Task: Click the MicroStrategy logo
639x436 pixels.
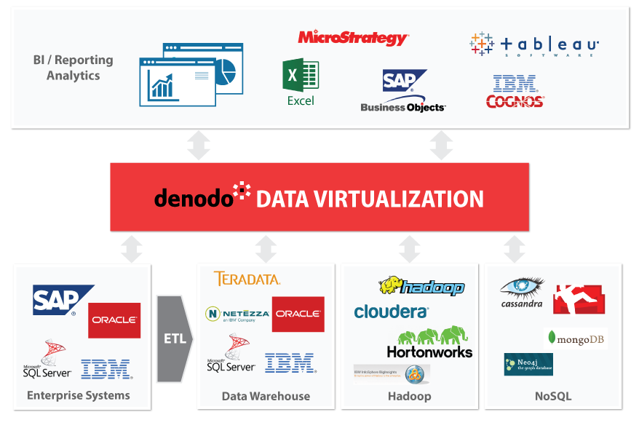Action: coord(353,37)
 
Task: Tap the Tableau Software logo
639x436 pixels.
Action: coord(534,45)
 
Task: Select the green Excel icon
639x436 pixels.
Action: coord(301,76)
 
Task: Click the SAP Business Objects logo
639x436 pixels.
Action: coord(403,92)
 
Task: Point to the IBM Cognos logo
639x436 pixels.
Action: coord(515,92)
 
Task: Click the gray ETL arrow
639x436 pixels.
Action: coord(175,338)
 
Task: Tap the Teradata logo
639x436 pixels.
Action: coord(247,279)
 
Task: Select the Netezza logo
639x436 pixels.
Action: coord(238,314)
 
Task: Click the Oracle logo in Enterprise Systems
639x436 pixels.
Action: coord(114,320)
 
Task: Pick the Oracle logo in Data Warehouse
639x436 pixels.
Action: coord(298,314)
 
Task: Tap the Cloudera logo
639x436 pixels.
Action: coord(391,312)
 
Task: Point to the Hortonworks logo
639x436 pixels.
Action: coord(429,343)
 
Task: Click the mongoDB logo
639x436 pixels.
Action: coord(576,338)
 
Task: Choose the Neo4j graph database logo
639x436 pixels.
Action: coord(528,364)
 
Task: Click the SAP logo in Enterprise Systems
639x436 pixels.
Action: coord(61,300)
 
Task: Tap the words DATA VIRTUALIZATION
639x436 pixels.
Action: coord(370,199)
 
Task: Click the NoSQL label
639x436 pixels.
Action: coord(552,396)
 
